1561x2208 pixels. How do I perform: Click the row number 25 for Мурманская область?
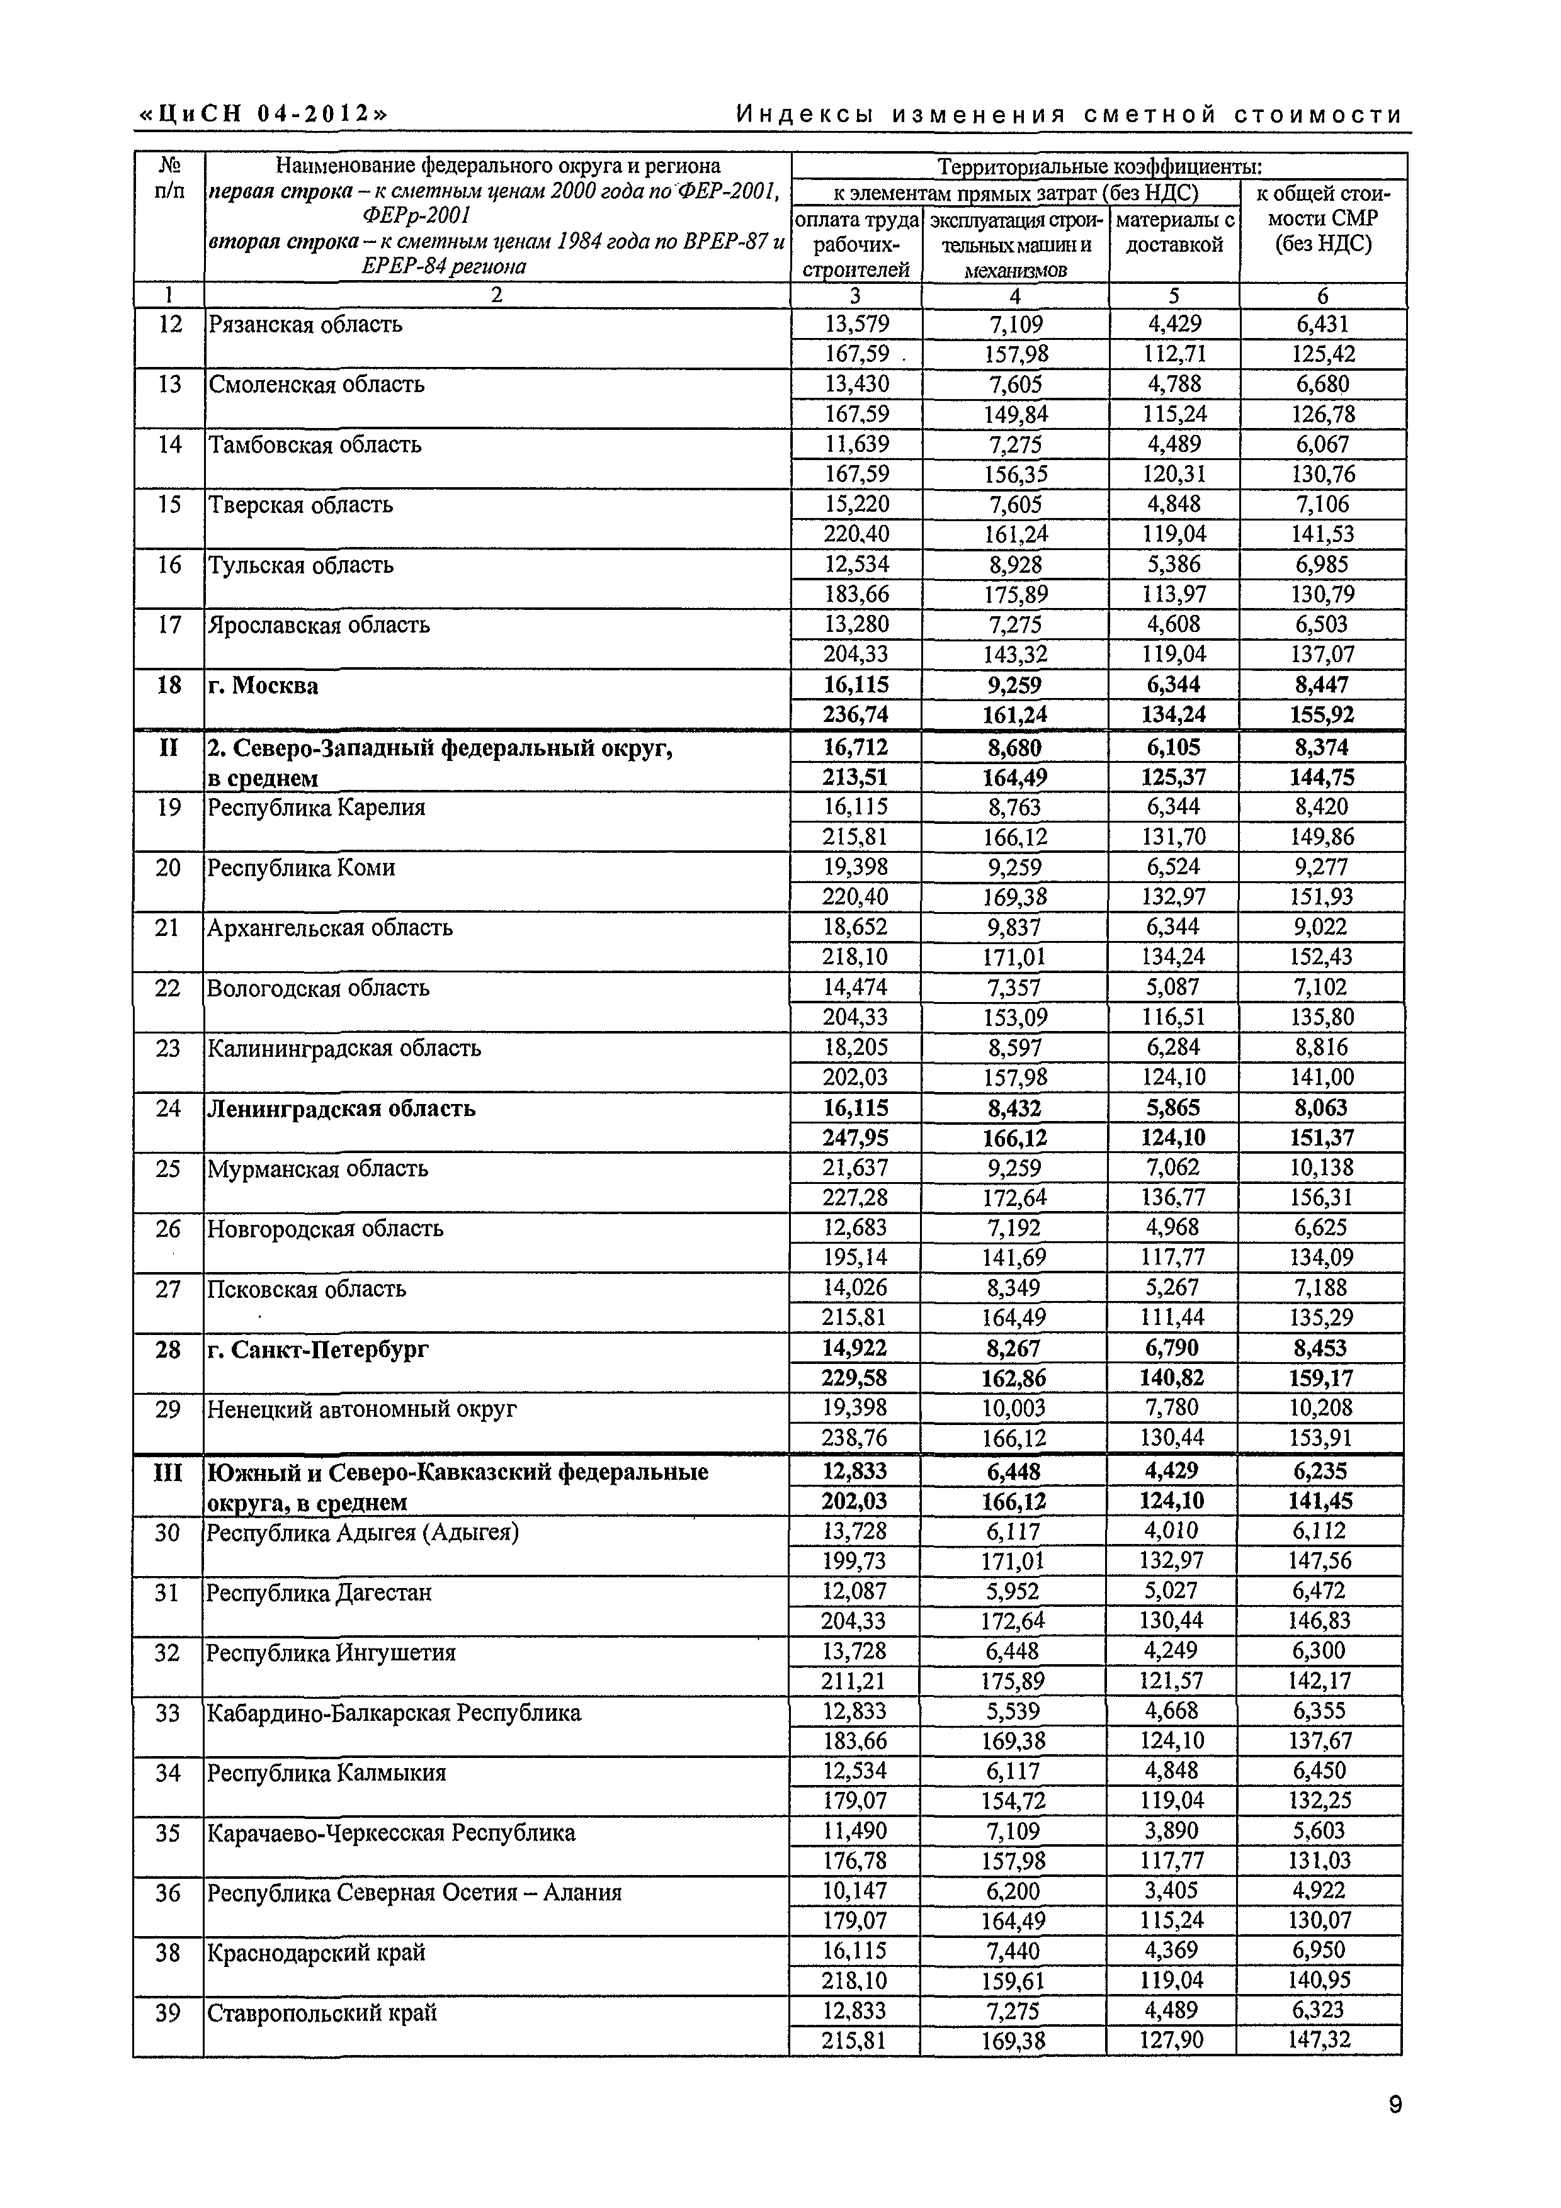pyautogui.click(x=167, y=1168)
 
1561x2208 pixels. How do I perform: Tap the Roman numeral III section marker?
pyautogui.click(x=167, y=1472)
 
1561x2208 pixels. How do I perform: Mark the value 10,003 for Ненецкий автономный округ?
pyautogui.click(x=1014, y=1409)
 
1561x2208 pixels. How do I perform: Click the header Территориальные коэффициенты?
pyautogui.click(x=1099, y=166)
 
